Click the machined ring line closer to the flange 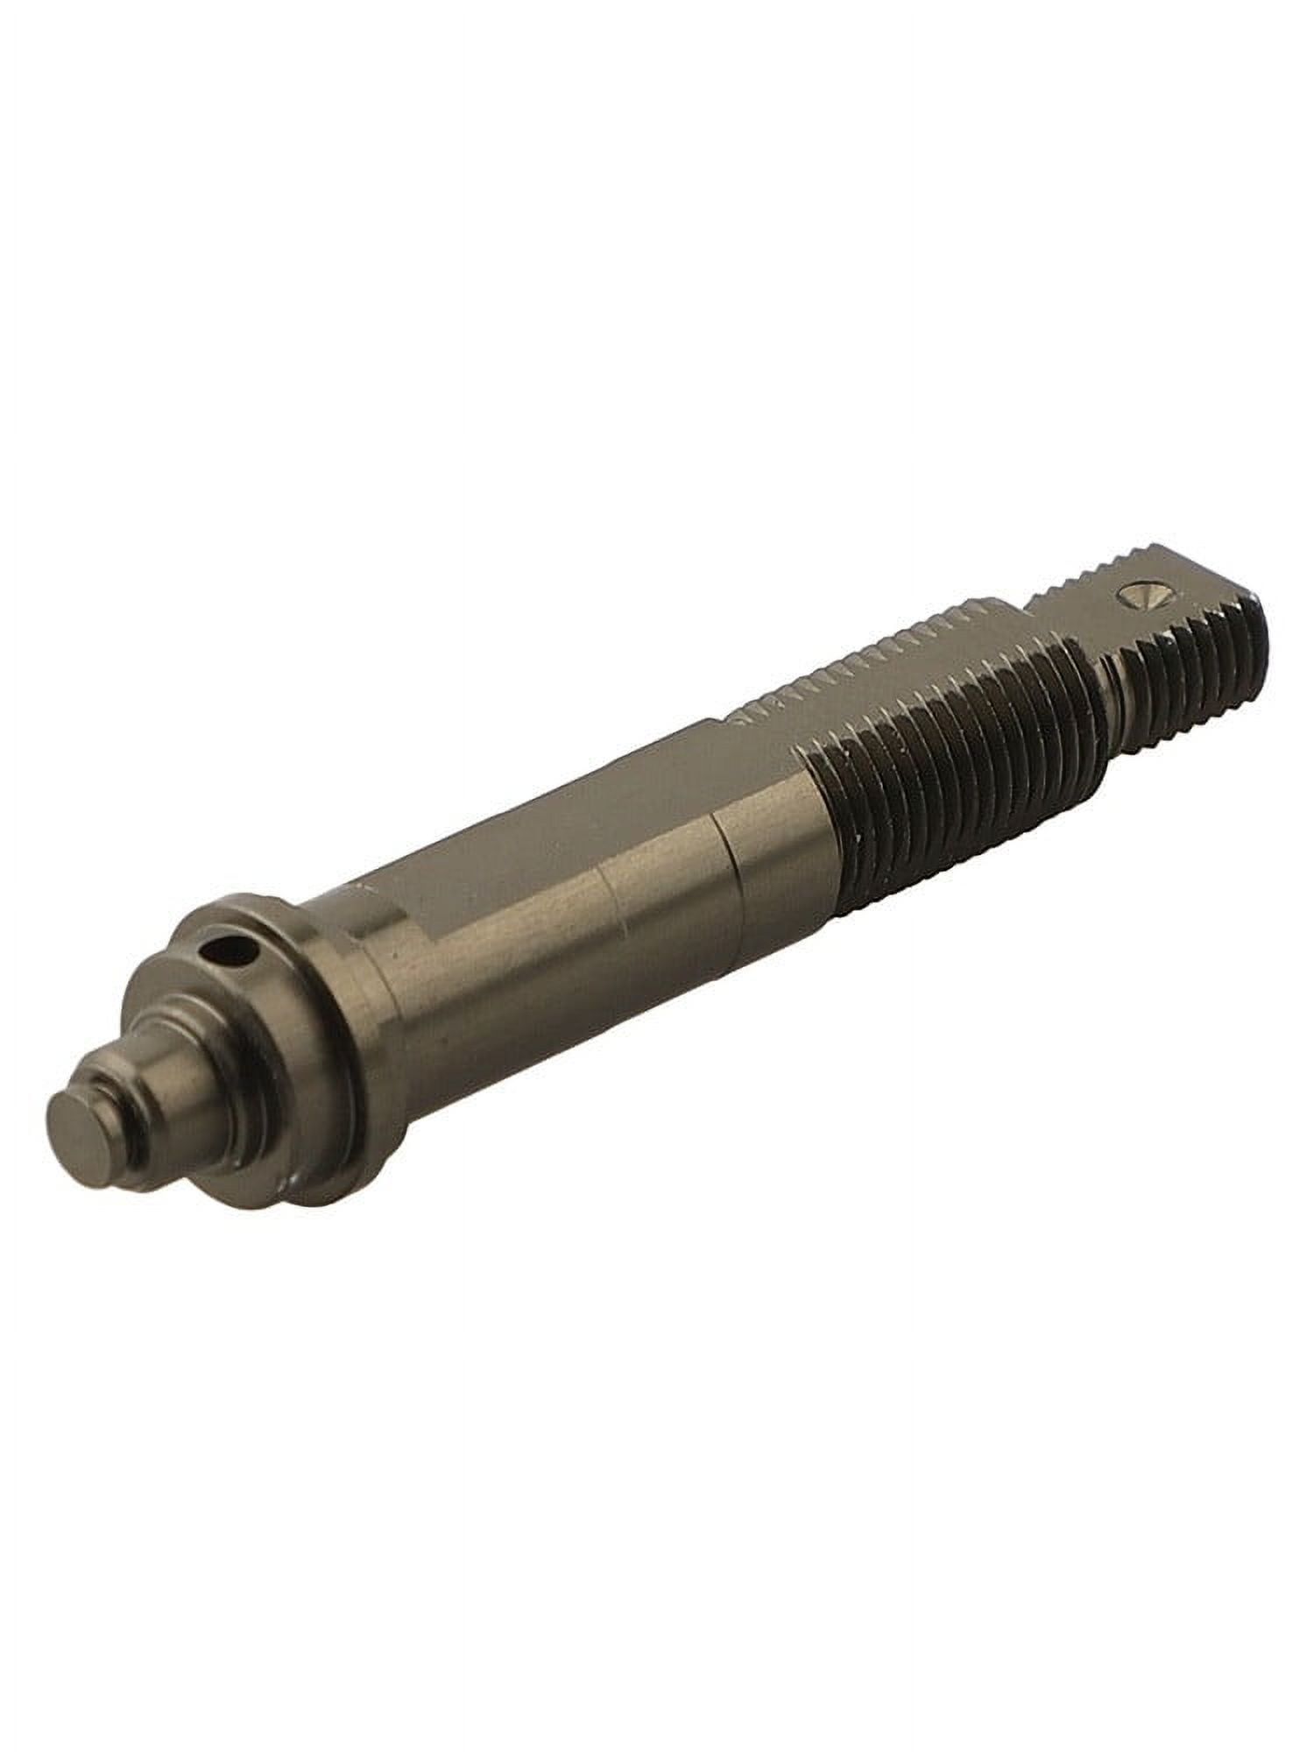613,911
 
